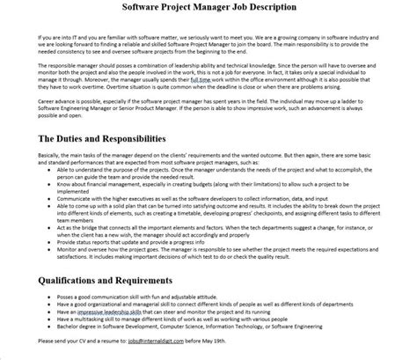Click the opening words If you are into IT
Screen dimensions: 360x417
pos(35,40)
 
